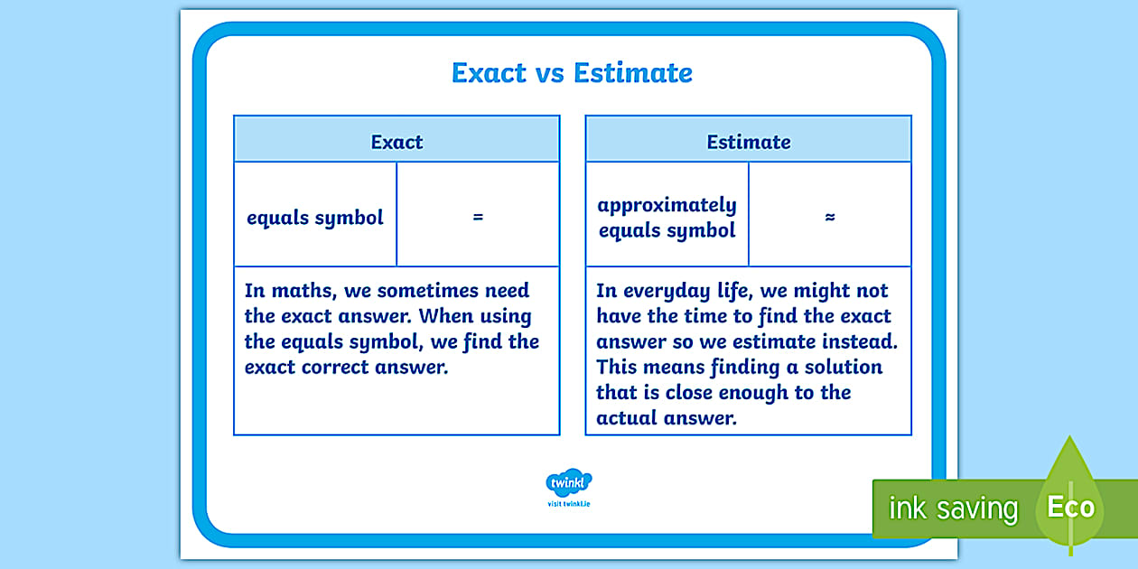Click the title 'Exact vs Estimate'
(x=572, y=73)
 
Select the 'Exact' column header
(x=396, y=142)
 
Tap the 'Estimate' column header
(x=748, y=142)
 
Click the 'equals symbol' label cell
(x=315, y=218)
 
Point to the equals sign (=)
(x=478, y=218)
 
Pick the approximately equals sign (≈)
(x=830, y=218)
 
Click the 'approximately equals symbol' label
(x=667, y=218)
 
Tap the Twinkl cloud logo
(x=569, y=481)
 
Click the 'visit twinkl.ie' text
(x=569, y=503)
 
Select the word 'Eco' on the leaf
(x=1070, y=507)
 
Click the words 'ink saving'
(x=953, y=508)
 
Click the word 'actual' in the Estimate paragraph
(x=626, y=418)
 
